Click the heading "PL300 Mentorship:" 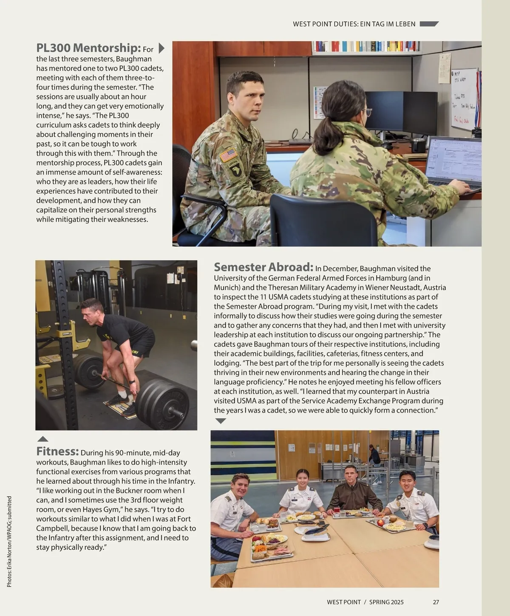[x=88, y=48]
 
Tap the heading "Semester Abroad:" [x=263, y=267]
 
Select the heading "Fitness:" [x=57, y=451]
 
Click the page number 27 [x=436, y=602]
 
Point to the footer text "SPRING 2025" [x=386, y=602]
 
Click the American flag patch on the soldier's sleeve [x=228, y=155]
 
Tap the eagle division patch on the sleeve [x=234, y=170]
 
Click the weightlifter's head [x=93, y=310]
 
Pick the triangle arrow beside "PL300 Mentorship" [x=161, y=48]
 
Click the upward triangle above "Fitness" [x=43, y=439]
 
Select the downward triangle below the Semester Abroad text [x=221, y=421]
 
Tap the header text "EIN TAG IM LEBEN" [x=388, y=24]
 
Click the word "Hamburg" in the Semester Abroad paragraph [x=395, y=278]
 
